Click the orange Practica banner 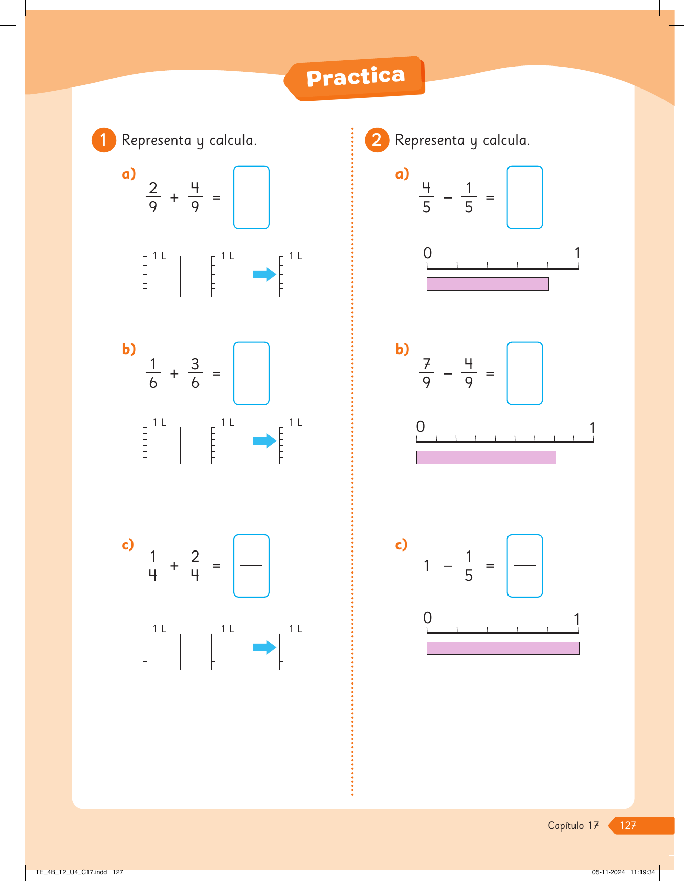(x=356, y=78)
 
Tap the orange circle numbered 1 (x=103, y=140)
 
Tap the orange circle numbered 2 (x=377, y=140)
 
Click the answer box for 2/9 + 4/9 (x=251, y=197)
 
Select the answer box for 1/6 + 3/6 (x=251, y=373)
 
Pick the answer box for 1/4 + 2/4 (x=251, y=565)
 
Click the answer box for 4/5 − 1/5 (x=524, y=197)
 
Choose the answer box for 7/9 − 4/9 (x=524, y=373)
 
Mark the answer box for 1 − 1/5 (x=524, y=565)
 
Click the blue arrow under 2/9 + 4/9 (x=264, y=274)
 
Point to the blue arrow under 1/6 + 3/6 (x=264, y=440)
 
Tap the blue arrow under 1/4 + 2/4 (x=264, y=647)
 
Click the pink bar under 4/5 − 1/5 (x=487, y=284)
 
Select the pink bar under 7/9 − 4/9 (x=486, y=457)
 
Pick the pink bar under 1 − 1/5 (x=502, y=648)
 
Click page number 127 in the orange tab (x=628, y=825)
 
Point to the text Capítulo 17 (x=573, y=825)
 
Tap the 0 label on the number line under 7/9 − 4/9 (x=421, y=426)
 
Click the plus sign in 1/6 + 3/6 (x=174, y=373)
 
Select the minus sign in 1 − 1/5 (x=448, y=566)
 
